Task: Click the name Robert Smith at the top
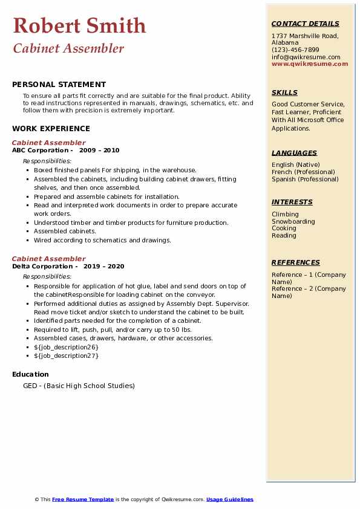point(79,25)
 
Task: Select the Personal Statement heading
point(59,85)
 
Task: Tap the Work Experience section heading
point(51,128)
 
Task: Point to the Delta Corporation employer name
point(42,266)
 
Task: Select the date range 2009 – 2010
point(99,150)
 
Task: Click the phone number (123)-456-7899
point(295,50)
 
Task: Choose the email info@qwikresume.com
point(306,57)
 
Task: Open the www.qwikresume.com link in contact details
point(310,63)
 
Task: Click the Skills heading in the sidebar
point(284,92)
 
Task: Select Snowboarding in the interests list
point(293,221)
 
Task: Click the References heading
point(296,262)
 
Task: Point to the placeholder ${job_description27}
point(66,355)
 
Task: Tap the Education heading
point(30,374)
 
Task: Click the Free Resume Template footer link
point(83,499)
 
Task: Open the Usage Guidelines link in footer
point(230,499)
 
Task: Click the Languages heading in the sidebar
point(294,153)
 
